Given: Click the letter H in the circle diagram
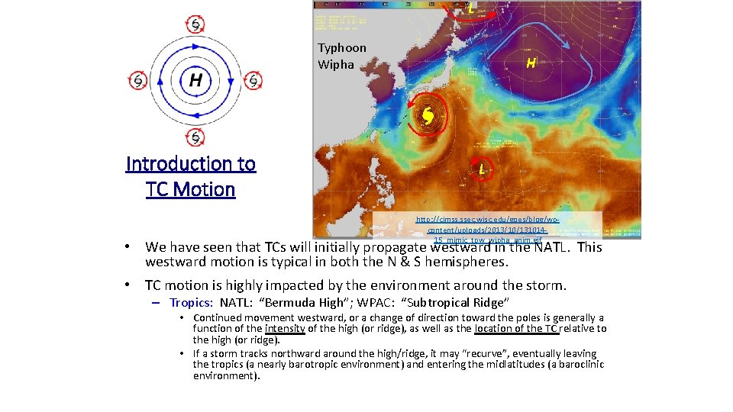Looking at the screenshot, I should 196,79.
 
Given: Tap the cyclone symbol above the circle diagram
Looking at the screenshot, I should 196,24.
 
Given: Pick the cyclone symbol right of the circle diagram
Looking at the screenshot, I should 253,79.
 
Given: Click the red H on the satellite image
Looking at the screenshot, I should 530,63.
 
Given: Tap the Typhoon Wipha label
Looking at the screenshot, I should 342,56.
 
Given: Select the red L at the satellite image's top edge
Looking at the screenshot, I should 471,9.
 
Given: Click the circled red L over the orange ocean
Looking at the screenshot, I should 483,168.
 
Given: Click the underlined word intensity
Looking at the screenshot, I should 285,329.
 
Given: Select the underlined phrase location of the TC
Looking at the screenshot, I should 517,329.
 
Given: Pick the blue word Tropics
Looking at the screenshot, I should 191,303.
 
